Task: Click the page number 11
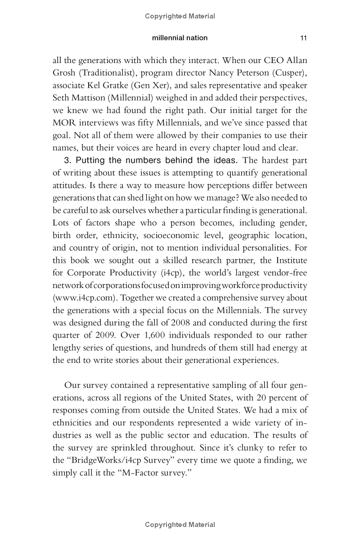coord(303,38)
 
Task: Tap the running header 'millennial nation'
coord(180,38)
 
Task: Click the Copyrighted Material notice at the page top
coord(180,16)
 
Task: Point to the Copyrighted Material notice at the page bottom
coord(180,525)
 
